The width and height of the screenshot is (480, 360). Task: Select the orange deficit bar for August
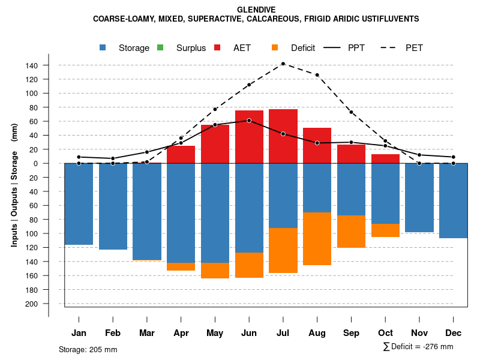click(x=317, y=239)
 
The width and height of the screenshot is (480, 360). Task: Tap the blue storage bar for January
click(x=79, y=204)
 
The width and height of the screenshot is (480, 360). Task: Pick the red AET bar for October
click(x=386, y=159)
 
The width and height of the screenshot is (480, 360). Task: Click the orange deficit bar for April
click(x=181, y=266)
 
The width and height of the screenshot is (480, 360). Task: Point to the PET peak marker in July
click(x=283, y=64)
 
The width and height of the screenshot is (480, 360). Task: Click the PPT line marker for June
click(x=249, y=121)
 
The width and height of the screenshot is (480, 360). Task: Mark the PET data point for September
click(x=352, y=112)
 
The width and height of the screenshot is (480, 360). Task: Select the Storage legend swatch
click(x=103, y=47)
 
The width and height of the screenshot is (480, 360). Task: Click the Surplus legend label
click(x=191, y=48)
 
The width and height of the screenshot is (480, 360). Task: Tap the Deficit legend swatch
click(x=275, y=47)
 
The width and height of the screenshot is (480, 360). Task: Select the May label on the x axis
click(x=215, y=333)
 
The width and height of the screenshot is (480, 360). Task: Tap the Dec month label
click(x=454, y=333)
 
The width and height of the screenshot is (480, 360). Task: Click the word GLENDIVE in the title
click(x=256, y=10)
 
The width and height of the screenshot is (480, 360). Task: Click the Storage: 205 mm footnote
click(x=88, y=349)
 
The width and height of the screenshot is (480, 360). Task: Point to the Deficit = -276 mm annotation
click(x=418, y=347)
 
